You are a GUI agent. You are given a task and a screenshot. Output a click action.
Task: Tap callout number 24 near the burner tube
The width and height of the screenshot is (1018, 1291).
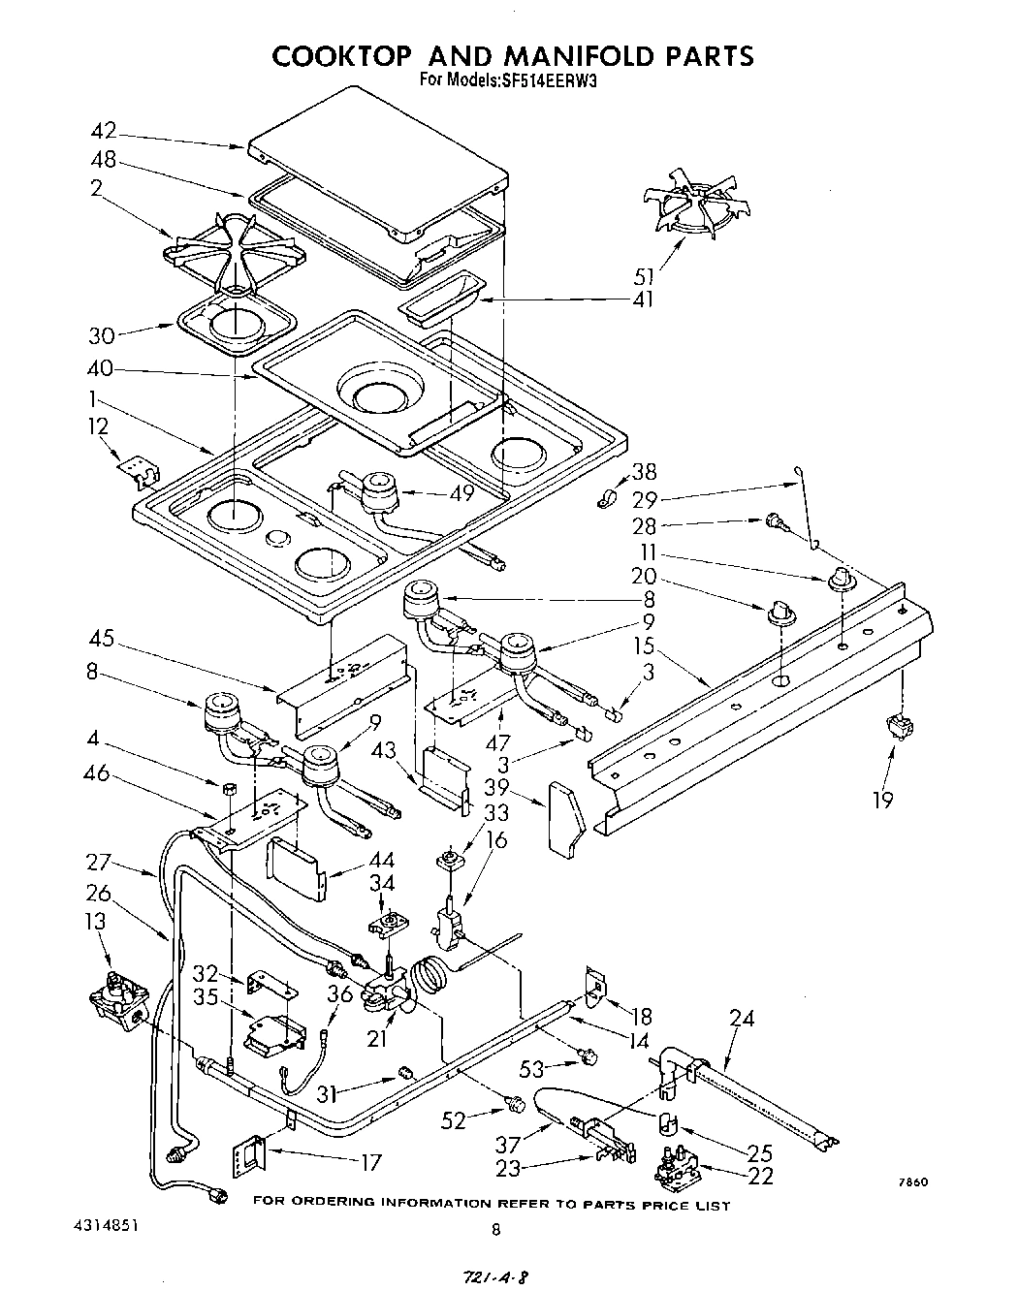[x=743, y=1019]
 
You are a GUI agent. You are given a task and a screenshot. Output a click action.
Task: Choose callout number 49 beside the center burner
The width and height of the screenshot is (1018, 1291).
[x=462, y=492]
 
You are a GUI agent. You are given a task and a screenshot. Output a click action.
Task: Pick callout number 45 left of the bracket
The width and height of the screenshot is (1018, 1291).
[x=101, y=639]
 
